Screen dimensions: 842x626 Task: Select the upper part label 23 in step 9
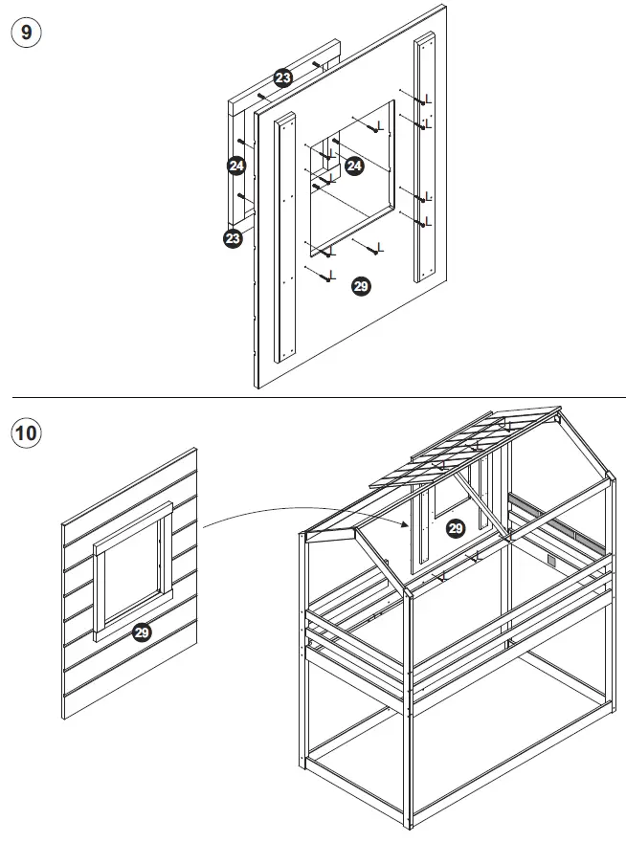click(283, 78)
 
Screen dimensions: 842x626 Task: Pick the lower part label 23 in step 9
click(233, 238)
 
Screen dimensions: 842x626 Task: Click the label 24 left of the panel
click(237, 166)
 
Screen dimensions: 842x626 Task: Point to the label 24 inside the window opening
click(354, 166)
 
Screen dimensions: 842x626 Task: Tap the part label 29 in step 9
click(361, 285)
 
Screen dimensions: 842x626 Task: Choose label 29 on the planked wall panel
click(142, 631)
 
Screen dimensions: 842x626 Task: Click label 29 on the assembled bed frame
click(456, 527)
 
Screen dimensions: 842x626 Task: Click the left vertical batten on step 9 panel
click(283, 239)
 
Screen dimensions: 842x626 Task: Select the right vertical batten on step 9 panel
click(425, 158)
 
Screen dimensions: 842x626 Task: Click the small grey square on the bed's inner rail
click(552, 558)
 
